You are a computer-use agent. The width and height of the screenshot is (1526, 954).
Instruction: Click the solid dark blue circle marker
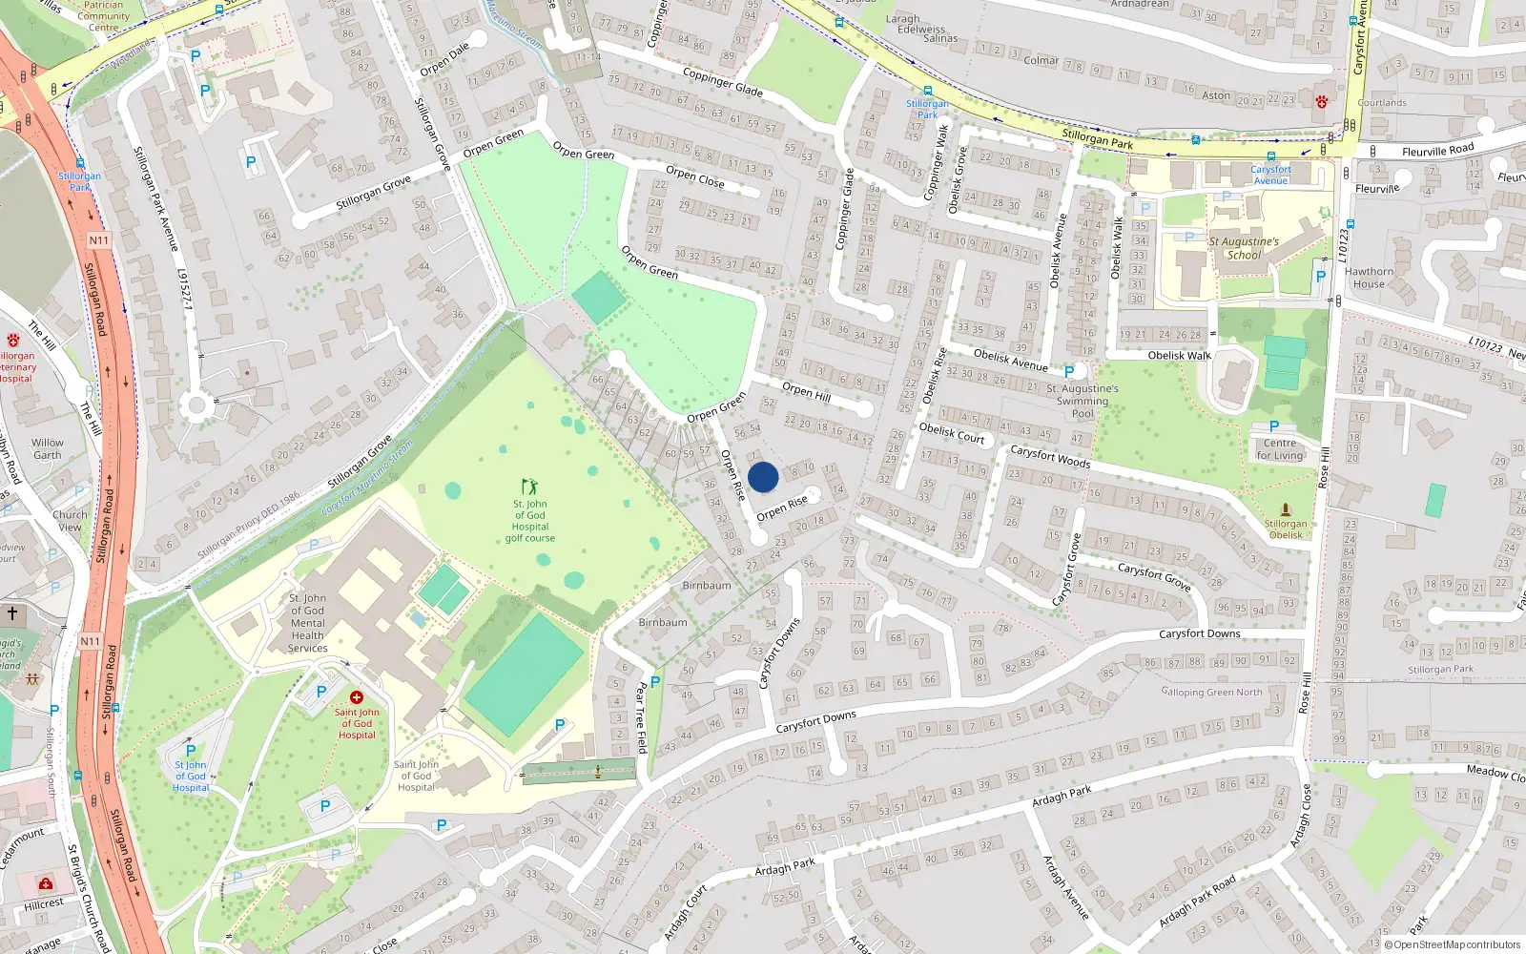point(763,477)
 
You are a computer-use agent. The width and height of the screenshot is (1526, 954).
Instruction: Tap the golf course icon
point(529,487)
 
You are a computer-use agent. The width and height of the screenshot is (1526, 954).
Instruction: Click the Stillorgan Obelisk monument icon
point(1285,509)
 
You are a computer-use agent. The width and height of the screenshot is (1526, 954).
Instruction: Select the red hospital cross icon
point(357,697)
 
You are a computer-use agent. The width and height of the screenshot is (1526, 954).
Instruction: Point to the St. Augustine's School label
point(1244,248)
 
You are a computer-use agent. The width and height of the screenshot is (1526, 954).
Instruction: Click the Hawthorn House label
point(1369,278)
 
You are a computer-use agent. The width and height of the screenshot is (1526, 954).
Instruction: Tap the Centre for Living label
point(1279,449)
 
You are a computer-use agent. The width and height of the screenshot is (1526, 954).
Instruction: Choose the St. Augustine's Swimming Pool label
point(1083,401)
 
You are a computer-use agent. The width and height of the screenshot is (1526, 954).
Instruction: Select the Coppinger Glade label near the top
point(722,82)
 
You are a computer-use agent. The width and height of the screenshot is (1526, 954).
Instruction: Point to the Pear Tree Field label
point(641,716)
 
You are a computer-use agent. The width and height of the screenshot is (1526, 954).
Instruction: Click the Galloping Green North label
point(1211,692)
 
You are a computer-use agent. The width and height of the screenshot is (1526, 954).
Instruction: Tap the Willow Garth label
point(48,448)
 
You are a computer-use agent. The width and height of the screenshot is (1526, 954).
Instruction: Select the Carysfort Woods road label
point(1049,457)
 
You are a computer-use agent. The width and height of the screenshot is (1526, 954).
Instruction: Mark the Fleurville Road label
point(1437,151)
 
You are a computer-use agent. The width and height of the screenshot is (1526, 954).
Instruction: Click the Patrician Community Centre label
point(103,16)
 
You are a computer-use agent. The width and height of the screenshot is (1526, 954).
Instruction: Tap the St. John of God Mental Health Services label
point(307,623)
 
